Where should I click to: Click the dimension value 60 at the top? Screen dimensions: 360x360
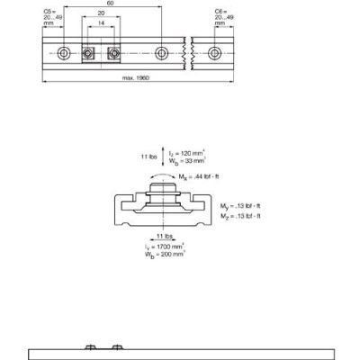click(x=110, y=4)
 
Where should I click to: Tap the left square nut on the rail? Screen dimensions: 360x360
click(x=89, y=52)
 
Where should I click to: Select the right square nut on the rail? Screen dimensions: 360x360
click(x=112, y=52)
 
